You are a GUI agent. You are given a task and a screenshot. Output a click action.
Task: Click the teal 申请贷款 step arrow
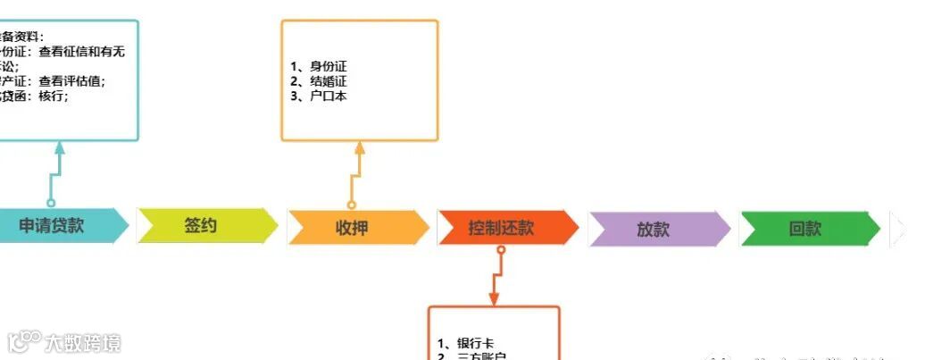pos(54,226)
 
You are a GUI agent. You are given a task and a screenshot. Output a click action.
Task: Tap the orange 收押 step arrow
pos(354,227)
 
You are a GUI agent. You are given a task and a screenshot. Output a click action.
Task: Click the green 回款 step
pos(805,229)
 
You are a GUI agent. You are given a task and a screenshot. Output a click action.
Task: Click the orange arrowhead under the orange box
pos(360,147)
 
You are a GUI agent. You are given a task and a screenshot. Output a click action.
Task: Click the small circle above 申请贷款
pos(51,203)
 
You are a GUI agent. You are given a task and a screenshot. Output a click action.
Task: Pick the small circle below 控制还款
pos(501,251)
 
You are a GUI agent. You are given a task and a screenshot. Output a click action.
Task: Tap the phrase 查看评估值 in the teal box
pos(78,81)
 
